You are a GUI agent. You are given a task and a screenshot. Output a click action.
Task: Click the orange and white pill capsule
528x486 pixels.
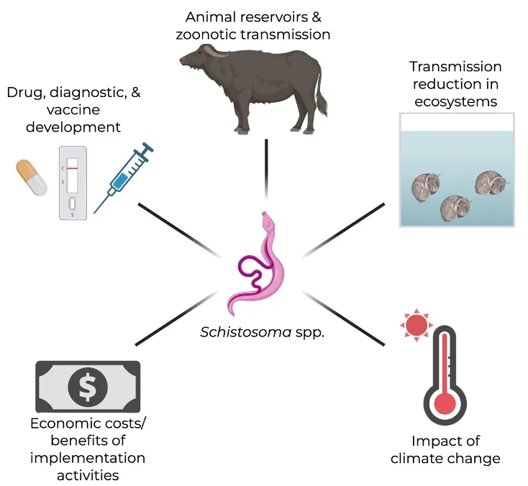pos(31,178)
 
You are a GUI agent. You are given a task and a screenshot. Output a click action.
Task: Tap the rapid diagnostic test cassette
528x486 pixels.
pos(72,183)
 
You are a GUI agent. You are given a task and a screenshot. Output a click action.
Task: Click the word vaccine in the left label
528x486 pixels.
pos(63,110)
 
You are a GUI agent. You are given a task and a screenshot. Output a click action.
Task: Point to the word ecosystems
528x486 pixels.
pos(455,101)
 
